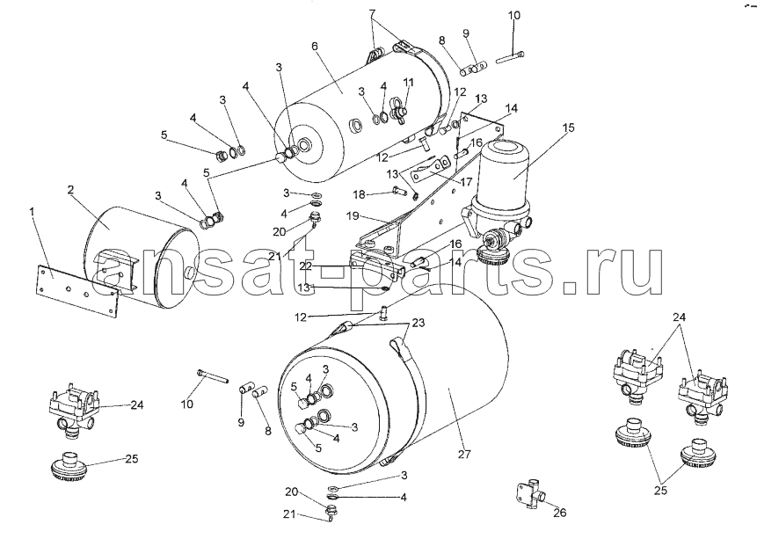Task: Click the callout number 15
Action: tap(568, 128)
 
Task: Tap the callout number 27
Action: tap(464, 454)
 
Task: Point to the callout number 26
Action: tap(559, 513)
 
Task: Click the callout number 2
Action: tap(70, 190)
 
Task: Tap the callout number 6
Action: tap(315, 46)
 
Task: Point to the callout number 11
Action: tap(409, 82)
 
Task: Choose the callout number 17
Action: tap(466, 183)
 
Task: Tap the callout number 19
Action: tap(353, 216)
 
